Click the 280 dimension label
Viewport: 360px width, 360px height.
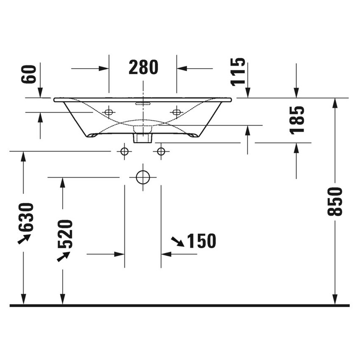click(143, 67)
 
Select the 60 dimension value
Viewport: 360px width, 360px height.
click(30, 74)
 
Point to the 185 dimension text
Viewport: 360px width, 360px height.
click(298, 120)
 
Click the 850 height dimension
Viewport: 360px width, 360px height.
click(334, 202)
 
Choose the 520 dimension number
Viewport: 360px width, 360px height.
click(65, 234)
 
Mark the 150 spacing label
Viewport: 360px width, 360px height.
click(202, 241)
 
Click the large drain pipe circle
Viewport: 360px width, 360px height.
click(143, 177)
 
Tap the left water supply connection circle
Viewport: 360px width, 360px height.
click(124, 151)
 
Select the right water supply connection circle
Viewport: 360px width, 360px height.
click(161, 151)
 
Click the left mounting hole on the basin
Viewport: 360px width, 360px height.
click(109, 112)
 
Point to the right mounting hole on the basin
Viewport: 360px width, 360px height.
click(176, 112)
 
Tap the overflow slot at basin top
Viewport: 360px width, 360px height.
click(143, 103)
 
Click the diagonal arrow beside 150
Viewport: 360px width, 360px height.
click(177, 241)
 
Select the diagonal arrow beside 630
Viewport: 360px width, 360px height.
click(24, 239)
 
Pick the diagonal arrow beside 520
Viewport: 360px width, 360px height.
click(63, 256)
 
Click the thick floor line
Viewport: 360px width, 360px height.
click(180, 305)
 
